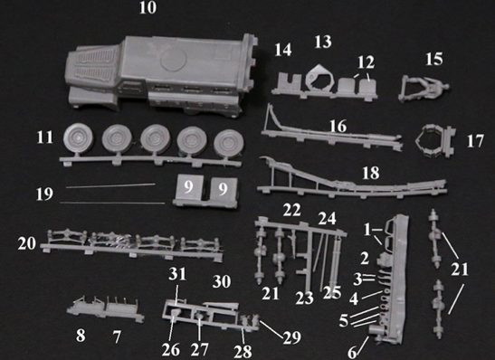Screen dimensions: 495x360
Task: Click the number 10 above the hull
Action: [x=148, y=7]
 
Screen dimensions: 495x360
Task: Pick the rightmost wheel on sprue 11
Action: [x=229, y=143]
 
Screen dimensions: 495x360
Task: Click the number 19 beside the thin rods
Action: [x=44, y=194]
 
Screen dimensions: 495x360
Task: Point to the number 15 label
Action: [x=434, y=59]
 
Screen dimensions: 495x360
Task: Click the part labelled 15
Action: [x=423, y=88]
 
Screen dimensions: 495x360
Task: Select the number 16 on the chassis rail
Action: [x=338, y=127]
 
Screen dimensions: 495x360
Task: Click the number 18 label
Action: [x=371, y=174]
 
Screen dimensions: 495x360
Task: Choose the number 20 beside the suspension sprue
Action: [x=27, y=244]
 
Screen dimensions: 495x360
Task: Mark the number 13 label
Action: [x=323, y=43]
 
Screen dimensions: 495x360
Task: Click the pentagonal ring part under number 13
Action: [x=320, y=78]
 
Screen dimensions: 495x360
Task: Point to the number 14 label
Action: [x=283, y=50]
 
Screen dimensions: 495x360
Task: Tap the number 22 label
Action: [x=291, y=211]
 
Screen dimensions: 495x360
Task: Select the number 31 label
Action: [x=177, y=274]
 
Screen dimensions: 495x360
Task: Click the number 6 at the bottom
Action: [x=352, y=353]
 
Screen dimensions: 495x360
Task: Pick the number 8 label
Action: [x=81, y=336]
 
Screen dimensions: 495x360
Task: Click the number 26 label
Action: [x=171, y=350]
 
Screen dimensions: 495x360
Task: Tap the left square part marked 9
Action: [x=188, y=188]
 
